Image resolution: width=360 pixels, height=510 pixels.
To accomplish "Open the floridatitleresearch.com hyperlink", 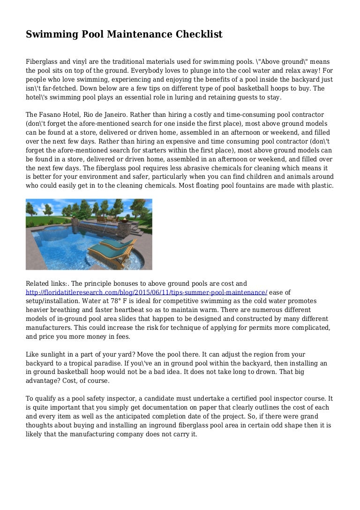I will [x=146, y=292].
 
